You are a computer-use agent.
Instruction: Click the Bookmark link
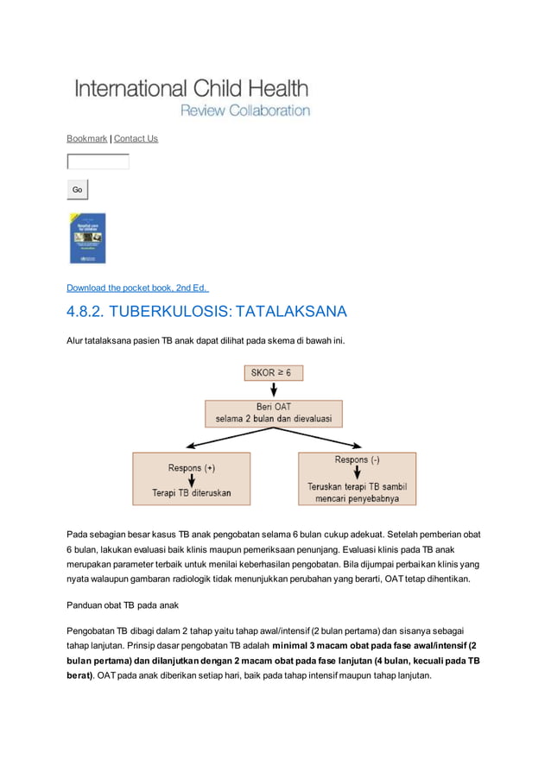click(87, 138)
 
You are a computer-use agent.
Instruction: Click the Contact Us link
click(136, 138)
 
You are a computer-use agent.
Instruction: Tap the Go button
click(78, 189)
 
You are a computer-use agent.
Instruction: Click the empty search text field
click(98, 161)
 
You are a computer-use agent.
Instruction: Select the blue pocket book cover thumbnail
click(87, 238)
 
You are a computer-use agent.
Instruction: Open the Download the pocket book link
click(137, 288)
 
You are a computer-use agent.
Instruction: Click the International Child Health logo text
click(191, 88)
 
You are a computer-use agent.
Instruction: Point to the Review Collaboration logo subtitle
click(244, 111)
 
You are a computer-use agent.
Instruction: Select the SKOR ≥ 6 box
click(274, 373)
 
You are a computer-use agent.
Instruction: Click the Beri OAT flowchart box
click(273, 413)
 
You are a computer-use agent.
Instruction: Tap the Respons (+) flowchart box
click(191, 479)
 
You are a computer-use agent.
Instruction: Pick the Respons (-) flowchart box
click(357, 478)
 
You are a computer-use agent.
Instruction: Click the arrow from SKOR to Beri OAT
click(274, 389)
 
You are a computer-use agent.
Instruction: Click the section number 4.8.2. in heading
click(91, 312)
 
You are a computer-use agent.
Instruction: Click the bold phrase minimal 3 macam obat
click(320, 645)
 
